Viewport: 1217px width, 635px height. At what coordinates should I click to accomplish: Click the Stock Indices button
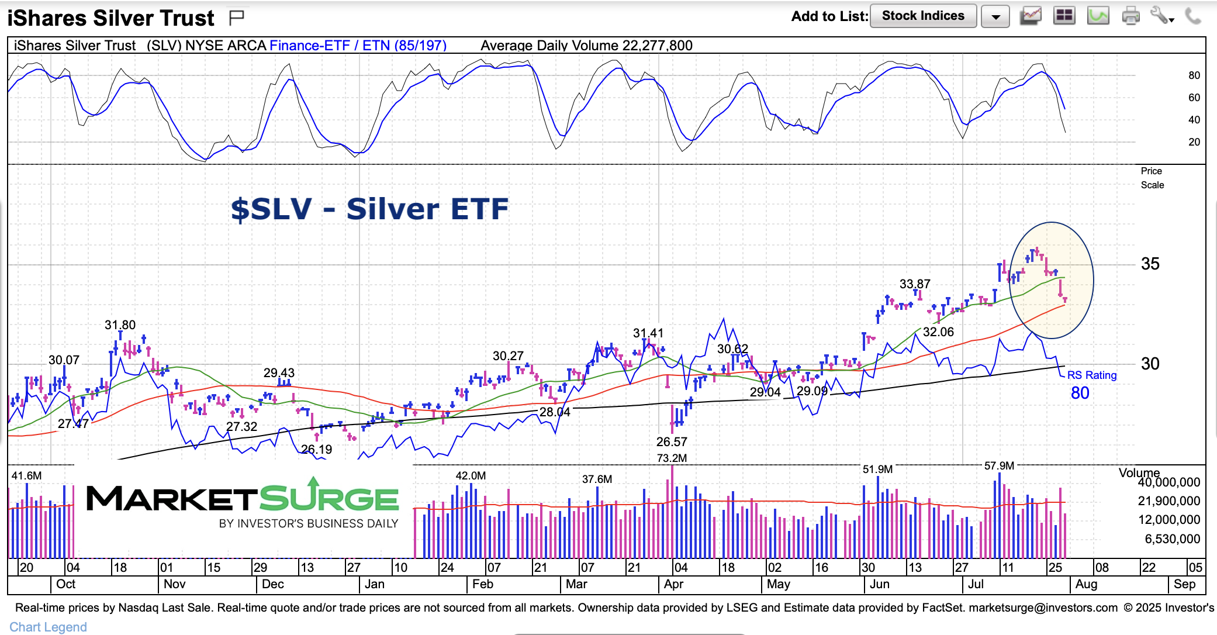922,16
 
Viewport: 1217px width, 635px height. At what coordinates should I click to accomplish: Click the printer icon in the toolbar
1130,16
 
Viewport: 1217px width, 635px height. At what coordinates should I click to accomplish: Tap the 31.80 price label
120,325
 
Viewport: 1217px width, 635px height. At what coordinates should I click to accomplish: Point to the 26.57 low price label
672,442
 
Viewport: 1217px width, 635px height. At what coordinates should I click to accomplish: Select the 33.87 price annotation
915,284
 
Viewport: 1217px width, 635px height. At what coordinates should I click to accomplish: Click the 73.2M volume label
672,458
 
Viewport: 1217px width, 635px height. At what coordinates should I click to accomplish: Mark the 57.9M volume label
999,466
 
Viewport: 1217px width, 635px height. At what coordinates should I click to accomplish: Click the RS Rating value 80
1080,393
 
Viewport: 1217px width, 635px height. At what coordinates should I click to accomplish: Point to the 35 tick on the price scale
1150,264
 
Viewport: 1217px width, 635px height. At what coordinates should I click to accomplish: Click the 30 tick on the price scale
1150,364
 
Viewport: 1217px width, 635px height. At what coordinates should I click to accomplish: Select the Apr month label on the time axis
673,584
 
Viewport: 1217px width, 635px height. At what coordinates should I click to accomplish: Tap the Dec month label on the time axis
272,584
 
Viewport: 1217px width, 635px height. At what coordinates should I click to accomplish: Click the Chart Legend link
48,627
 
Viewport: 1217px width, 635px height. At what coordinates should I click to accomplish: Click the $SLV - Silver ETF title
369,209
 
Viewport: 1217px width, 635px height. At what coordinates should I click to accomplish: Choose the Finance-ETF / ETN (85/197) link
358,46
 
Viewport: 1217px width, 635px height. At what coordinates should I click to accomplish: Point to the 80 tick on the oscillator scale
1194,75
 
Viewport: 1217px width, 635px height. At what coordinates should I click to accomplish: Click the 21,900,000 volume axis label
1168,501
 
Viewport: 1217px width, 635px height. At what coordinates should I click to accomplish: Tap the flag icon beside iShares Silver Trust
236,18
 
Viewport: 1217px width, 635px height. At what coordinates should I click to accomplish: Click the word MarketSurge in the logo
242,499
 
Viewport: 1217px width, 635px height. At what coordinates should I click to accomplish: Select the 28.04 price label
554,412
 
